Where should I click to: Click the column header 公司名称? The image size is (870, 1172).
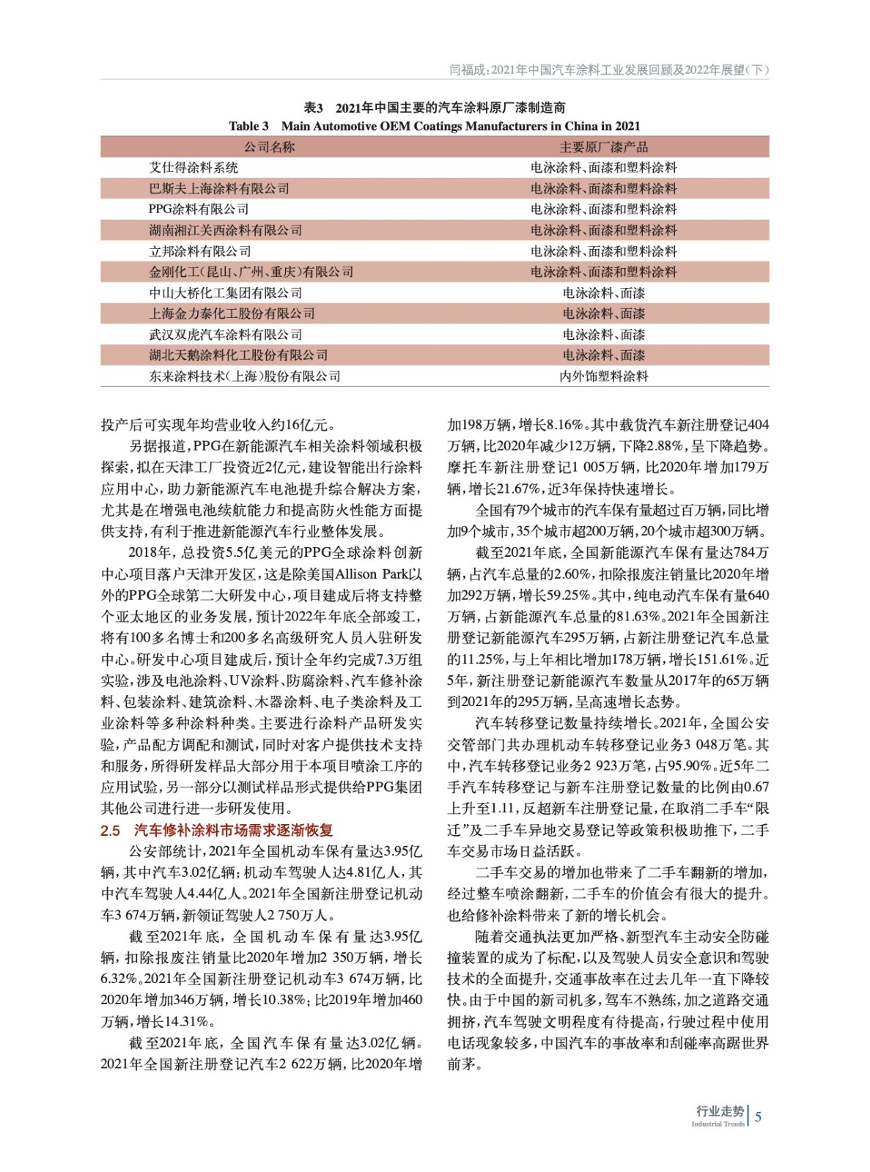tap(269, 146)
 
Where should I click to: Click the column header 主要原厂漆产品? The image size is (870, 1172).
tap(603, 146)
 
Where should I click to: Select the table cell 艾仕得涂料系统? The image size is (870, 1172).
tap(193, 168)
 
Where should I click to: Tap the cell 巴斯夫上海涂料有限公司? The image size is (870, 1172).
tap(219, 188)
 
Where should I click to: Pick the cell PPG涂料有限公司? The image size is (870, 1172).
tap(199, 209)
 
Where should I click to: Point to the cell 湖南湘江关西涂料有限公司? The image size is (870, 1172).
tap(226, 230)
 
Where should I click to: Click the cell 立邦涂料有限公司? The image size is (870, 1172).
tap(200, 251)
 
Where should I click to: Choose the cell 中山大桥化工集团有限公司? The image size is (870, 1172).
tap(226, 293)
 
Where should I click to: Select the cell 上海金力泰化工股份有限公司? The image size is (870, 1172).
tap(232, 314)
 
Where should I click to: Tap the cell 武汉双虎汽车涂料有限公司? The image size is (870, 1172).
tap(226, 335)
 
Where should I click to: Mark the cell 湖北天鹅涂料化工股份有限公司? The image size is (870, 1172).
tap(238, 355)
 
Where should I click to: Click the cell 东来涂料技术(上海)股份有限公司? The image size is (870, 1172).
tap(245, 377)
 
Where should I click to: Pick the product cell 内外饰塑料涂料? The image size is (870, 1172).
tap(603, 377)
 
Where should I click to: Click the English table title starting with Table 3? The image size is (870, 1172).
tap(434, 126)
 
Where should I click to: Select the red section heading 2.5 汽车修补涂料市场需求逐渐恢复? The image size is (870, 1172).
tap(217, 830)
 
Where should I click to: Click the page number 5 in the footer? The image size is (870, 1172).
tap(759, 1116)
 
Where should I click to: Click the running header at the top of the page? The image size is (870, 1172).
tap(608, 70)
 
